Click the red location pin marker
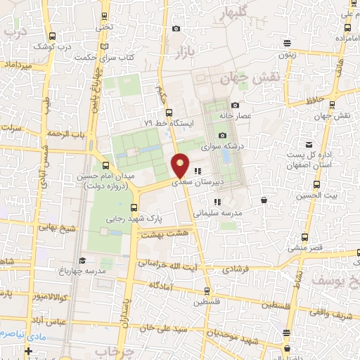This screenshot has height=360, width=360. coord(181,165)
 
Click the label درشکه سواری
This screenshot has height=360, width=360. coord(221,148)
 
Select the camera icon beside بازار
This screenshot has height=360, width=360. coord(176,29)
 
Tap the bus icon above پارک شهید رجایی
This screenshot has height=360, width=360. coord(135,207)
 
